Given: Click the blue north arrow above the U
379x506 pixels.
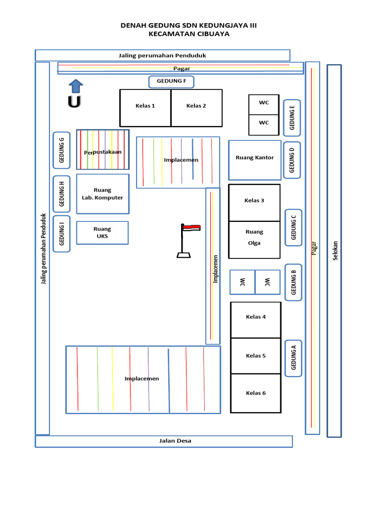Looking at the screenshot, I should click(75, 86).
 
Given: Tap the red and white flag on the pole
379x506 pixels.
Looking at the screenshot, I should click(191, 228).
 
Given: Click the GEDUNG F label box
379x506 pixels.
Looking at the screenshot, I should click(171, 82).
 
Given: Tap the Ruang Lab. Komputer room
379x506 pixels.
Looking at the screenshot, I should click(103, 194).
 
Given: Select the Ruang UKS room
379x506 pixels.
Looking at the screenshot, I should click(102, 233).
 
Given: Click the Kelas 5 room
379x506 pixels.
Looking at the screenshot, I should click(256, 356).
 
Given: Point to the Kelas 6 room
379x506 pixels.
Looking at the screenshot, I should click(256, 393).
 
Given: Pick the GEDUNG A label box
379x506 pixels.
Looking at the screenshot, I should click(293, 358).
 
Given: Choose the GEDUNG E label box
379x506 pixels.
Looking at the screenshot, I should click(292, 118).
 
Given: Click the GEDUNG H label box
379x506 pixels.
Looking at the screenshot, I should click(62, 194).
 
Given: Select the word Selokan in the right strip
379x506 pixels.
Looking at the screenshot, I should click(335, 251).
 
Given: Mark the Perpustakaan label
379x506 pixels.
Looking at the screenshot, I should click(103, 152).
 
